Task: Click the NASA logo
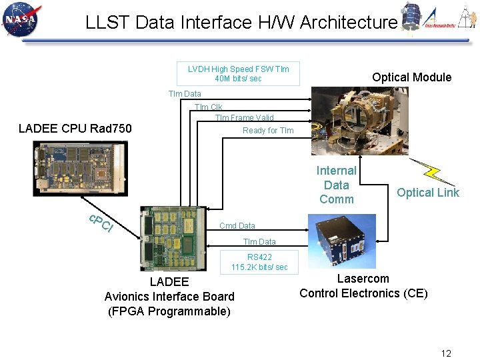21,21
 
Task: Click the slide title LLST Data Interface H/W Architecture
241,23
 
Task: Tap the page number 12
446,353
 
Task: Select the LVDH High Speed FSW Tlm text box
238,73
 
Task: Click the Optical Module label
411,77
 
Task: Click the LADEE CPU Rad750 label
75,129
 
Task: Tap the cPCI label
101,225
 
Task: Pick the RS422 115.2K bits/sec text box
259,262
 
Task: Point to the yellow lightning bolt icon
433,172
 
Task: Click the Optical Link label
428,193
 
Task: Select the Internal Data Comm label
336,185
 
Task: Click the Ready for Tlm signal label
267,131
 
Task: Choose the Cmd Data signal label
237,226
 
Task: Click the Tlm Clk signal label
208,107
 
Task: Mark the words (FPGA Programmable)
169,311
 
